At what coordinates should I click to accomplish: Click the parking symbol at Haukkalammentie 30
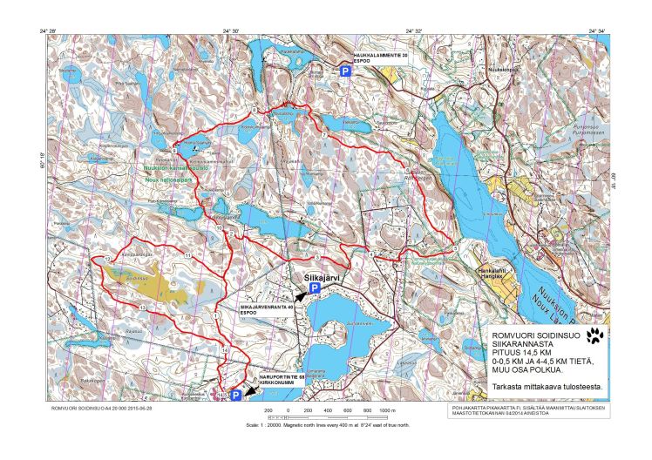tap(345, 72)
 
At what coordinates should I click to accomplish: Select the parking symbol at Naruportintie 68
tap(235, 395)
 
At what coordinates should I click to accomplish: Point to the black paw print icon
tap(596, 335)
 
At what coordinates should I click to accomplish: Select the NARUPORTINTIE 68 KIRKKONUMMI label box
tap(277, 380)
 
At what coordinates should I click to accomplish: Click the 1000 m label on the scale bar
tap(388, 409)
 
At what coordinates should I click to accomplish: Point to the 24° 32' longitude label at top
tap(413, 31)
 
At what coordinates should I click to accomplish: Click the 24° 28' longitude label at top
tap(48, 31)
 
